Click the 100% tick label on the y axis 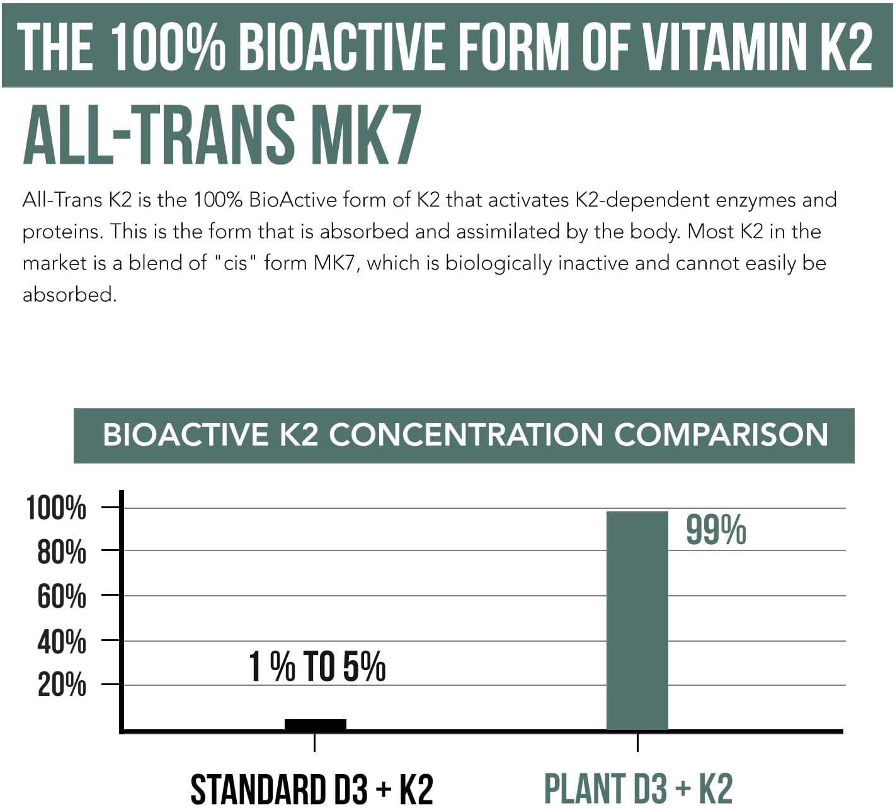click(x=56, y=508)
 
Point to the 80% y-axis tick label click(x=61, y=552)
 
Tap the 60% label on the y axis click(x=61, y=596)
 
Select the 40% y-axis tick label click(x=61, y=642)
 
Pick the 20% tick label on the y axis click(x=61, y=685)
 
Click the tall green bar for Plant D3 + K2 click(x=637, y=620)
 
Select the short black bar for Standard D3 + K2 click(x=315, y=724)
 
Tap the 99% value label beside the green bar click(x=715, y=530)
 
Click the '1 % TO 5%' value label click(x=317, y=666)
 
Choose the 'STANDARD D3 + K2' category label click(x=312, y=789)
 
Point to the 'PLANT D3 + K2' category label click(x=638, y=789)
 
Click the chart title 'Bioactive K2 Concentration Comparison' click(x=465, y=435)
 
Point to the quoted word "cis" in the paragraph click(x=236, y=263)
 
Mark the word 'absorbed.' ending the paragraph click(x=69, y=294)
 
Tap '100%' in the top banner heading click(x=168, y=46)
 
